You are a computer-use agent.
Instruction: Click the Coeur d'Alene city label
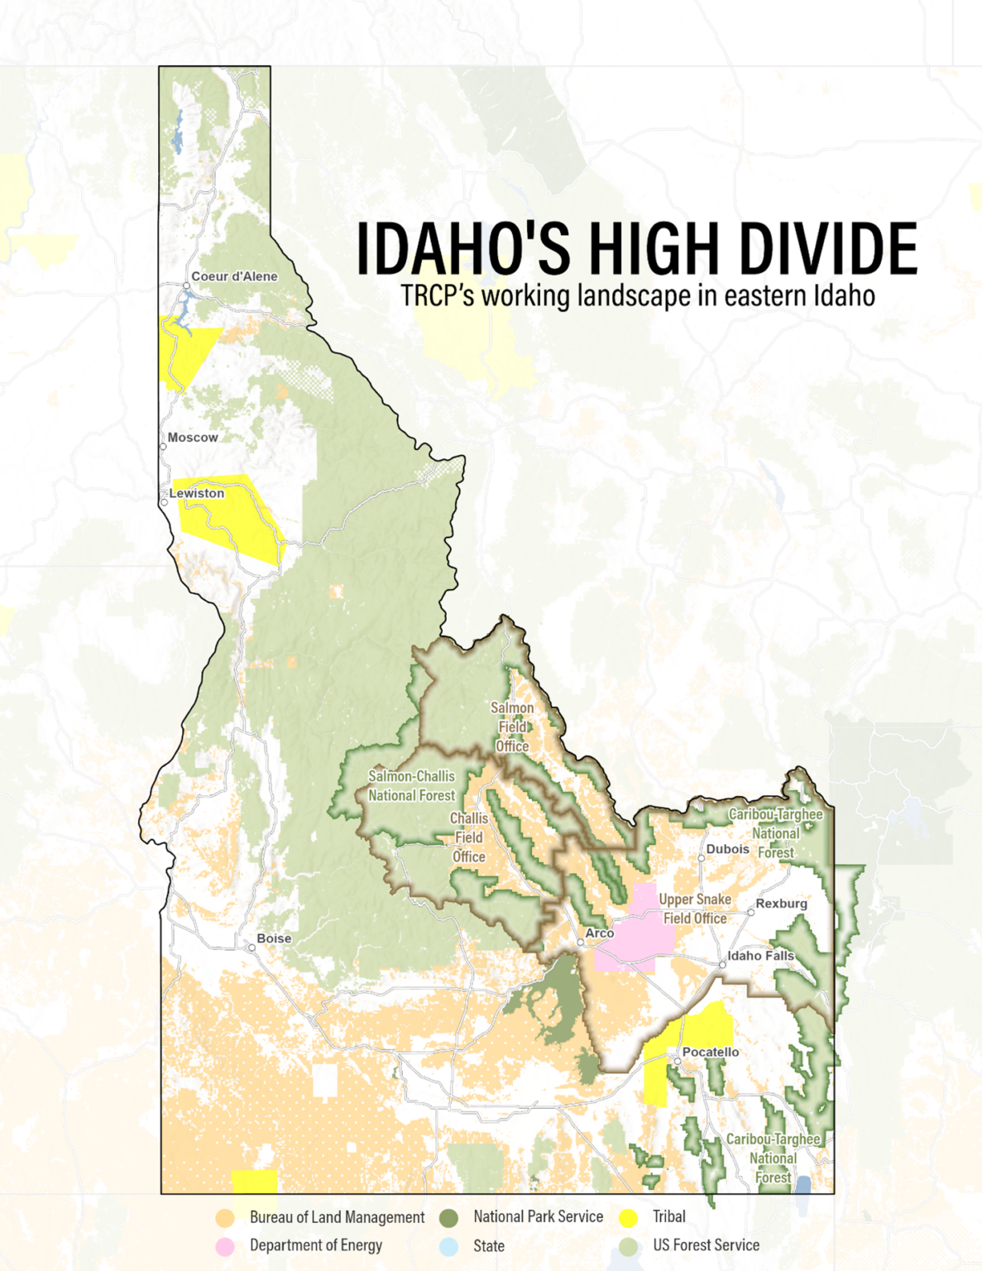coord(234,276)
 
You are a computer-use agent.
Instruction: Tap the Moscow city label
coord(193,438)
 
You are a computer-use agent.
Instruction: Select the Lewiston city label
coord(197,493)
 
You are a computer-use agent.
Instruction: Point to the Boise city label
coord(274,938)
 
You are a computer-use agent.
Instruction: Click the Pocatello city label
coord(711,1053)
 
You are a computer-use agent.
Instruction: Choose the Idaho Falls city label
coord(760,956)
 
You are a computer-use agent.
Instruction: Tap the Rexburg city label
coord(781,904)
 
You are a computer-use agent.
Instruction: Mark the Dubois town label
coord(727,849)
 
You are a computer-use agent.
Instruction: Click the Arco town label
coord(600,933)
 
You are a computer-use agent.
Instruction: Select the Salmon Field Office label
coord(512,727)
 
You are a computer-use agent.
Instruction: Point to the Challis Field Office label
coord(468,837)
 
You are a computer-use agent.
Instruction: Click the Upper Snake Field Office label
coord(695,909)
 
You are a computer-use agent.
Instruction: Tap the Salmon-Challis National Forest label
coord(411,786)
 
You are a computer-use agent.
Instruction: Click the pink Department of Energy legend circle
coord(225,1246)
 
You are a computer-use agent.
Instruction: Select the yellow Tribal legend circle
coord(629,1218)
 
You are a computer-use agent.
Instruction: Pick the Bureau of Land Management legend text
coord(337,1217)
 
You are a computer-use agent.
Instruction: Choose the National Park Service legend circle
coord(448,1218)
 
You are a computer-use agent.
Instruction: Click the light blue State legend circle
coord(448,1246)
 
